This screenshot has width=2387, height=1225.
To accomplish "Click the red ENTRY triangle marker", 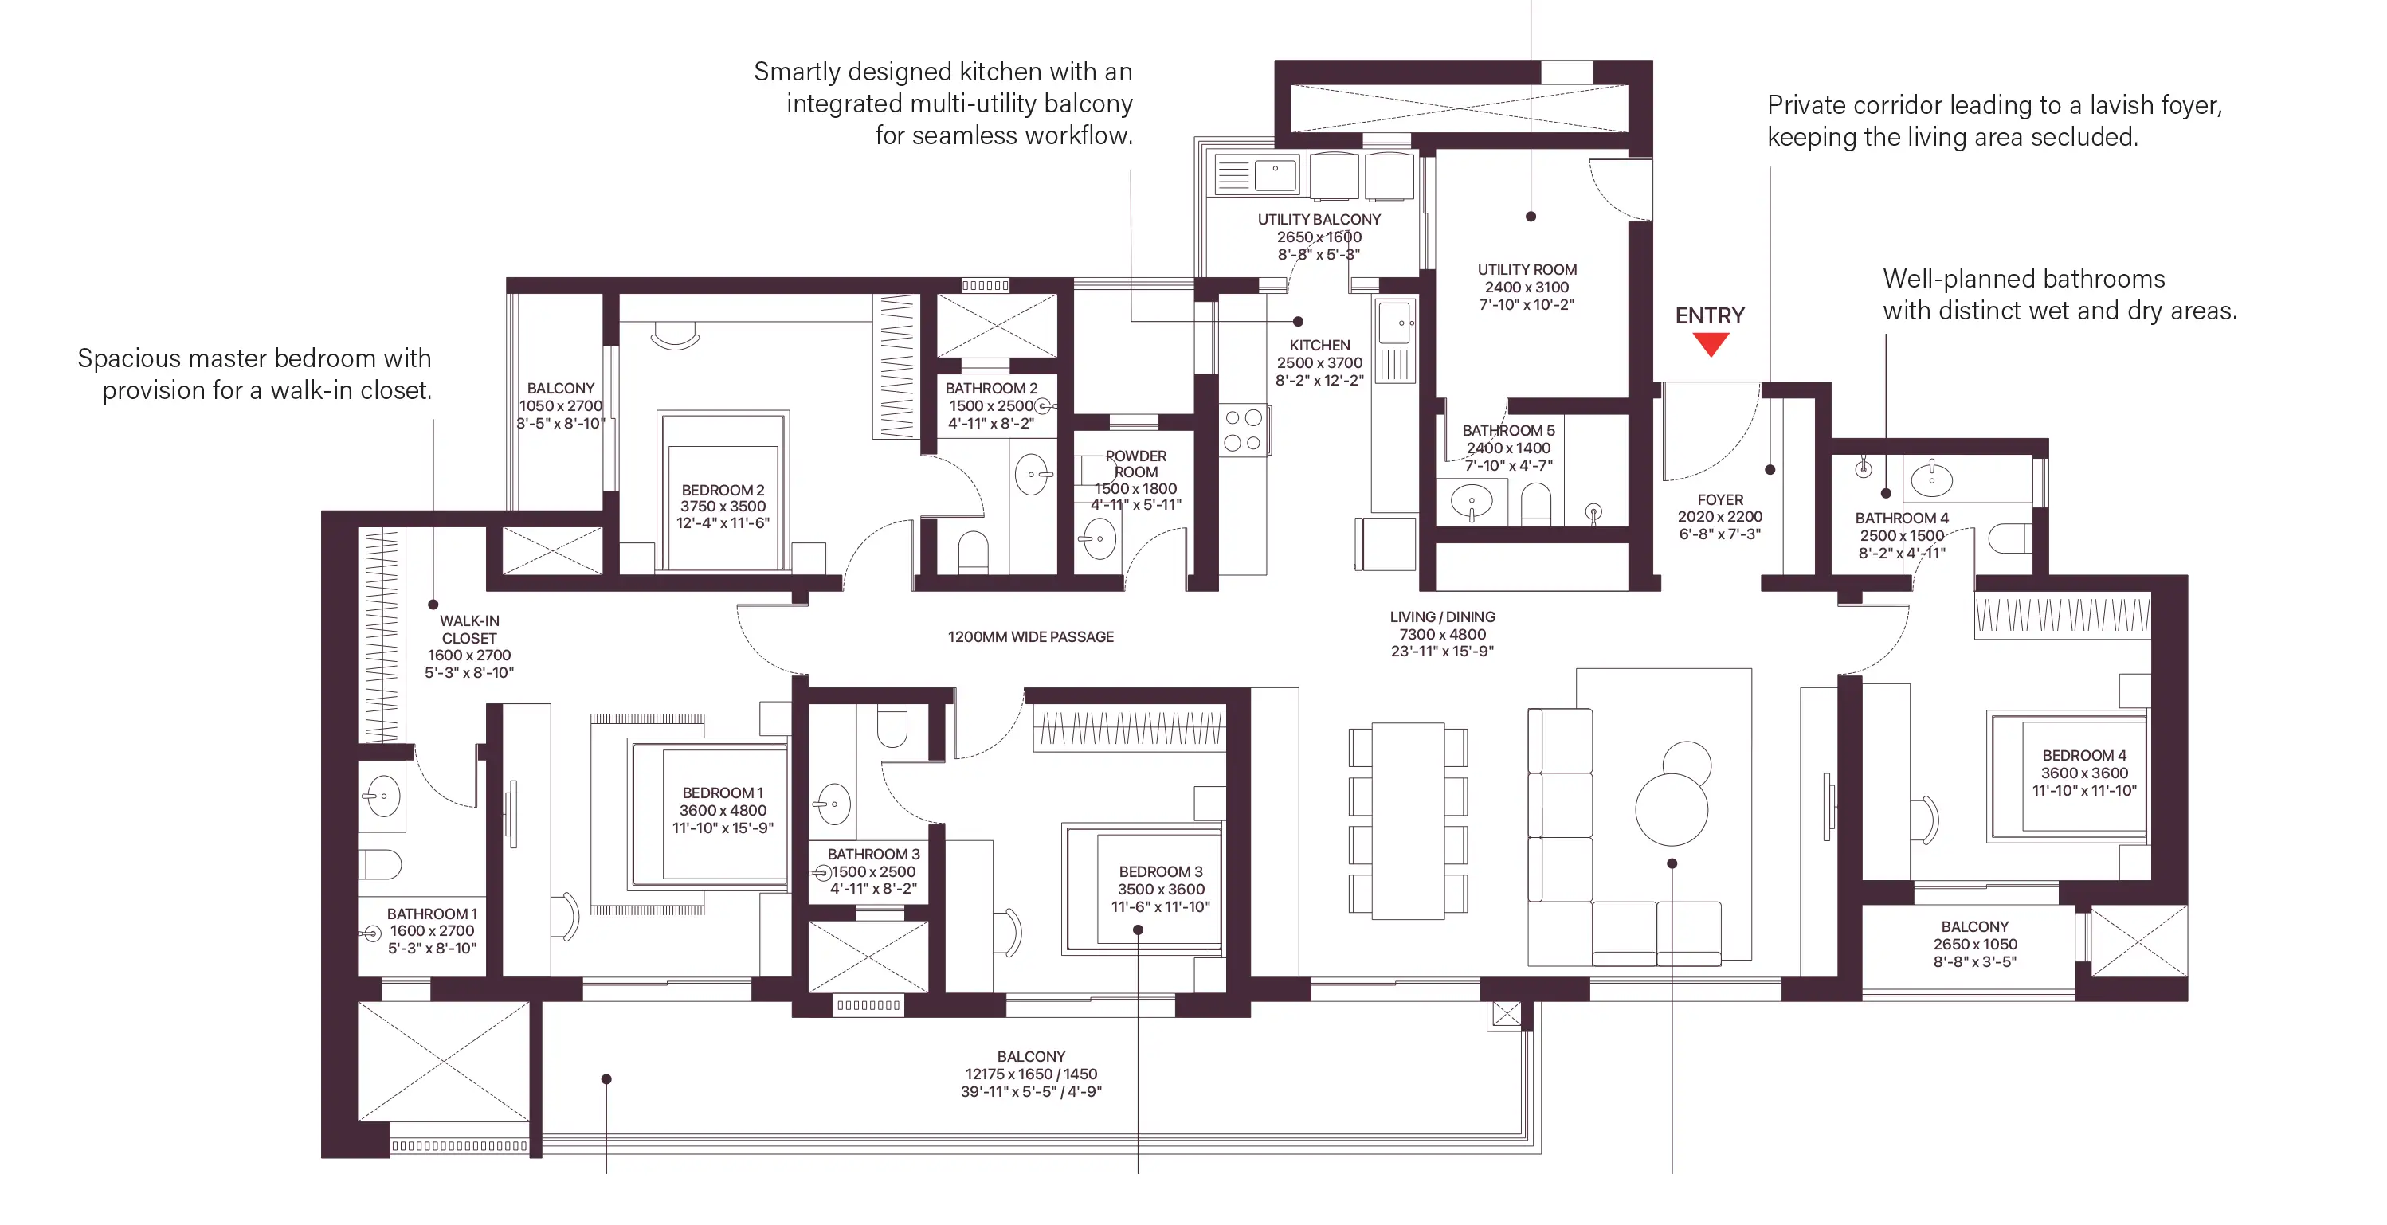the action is (x=1711, y=344).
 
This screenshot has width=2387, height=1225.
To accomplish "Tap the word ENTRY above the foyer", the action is (x=1710, y=316).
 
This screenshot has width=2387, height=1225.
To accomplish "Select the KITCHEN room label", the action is (x=1319, y=345).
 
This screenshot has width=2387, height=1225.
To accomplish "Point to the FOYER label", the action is (x=1720, y=499).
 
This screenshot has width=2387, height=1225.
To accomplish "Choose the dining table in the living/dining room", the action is (x=1408, y=821).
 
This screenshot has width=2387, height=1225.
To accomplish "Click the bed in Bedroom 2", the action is (x=723, y=491).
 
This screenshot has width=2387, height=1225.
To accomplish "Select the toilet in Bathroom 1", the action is (x=380, y=864).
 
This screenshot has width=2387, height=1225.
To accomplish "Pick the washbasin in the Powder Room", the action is (x=1099, y=538).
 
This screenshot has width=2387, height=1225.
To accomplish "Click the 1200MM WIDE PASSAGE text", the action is (x=1030, y=636).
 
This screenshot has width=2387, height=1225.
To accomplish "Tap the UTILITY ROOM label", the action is (x=1527, y=270).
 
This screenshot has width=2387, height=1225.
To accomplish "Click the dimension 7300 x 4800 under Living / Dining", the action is (x=1443, y=635).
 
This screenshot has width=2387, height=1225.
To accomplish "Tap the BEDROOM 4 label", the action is (x=2084, y=755).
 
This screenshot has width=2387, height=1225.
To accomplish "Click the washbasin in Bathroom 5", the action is (x=1471, y=503).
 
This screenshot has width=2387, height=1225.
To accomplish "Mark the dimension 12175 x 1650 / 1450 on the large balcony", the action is (x=1031, y=1074).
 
